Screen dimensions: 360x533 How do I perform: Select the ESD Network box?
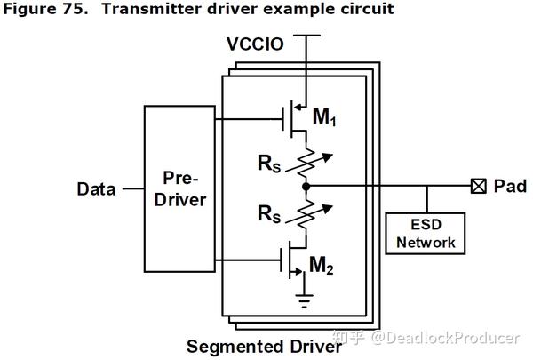(425, 232)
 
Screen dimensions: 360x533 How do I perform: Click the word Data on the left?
(97, 188)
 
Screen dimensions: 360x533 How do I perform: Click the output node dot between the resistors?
(305, 188)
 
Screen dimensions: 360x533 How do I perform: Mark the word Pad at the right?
(510, 187)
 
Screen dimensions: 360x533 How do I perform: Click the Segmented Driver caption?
(264, 346)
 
